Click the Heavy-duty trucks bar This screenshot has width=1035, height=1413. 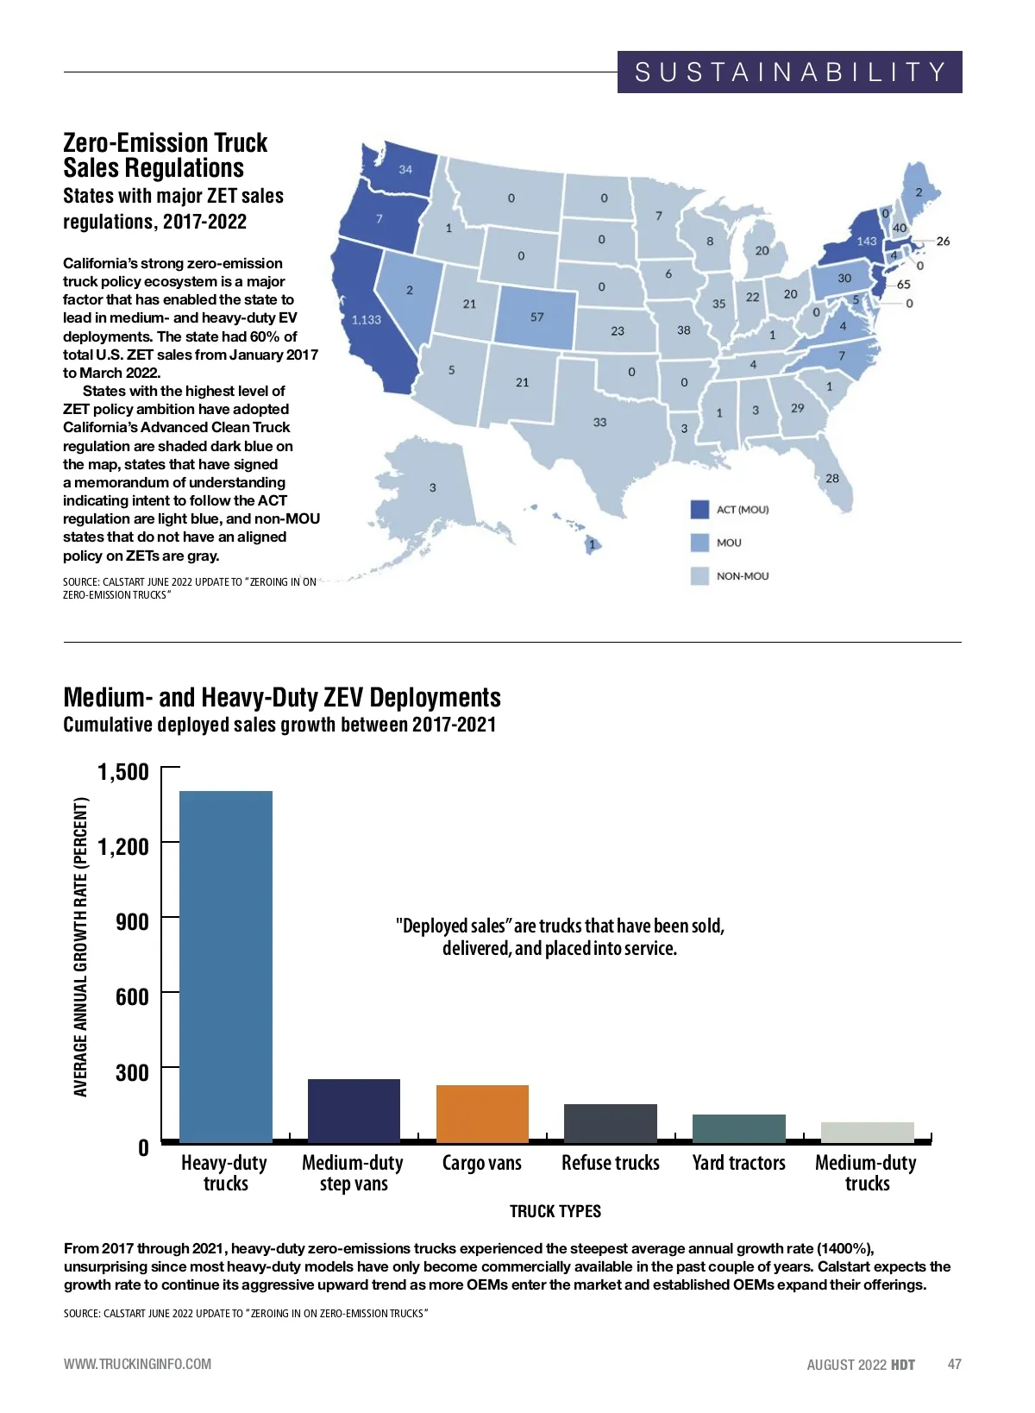pos(226,966)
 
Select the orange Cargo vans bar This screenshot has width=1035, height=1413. pos(482,1114)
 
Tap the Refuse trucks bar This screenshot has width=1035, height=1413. pos(611,1123)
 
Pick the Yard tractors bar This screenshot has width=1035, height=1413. pos(739,1128)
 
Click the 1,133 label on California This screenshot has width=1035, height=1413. pos(367,320)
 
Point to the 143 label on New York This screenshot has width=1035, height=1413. pos(866,242)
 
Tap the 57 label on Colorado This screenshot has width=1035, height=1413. pos(537,317)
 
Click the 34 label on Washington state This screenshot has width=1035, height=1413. pos(405,170)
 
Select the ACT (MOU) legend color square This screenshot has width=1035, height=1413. pos(699,510)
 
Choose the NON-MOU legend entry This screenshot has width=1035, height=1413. pos(742,576)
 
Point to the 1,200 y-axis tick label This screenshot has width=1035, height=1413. pos(123,846)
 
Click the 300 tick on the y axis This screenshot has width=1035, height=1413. pos(132,1072)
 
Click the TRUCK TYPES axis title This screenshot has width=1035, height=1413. pos(555,1211)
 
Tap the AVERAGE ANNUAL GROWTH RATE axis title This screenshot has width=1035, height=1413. pos(81,946)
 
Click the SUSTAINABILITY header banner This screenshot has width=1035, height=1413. pos(789,72)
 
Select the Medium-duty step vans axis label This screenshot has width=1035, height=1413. pos(353,1173)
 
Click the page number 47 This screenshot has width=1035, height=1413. pos(954,1364)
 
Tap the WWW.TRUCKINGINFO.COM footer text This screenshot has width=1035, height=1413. pos(137,1364)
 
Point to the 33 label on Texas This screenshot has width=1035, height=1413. pos(599,423)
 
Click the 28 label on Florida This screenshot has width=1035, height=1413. pos(832,479)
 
